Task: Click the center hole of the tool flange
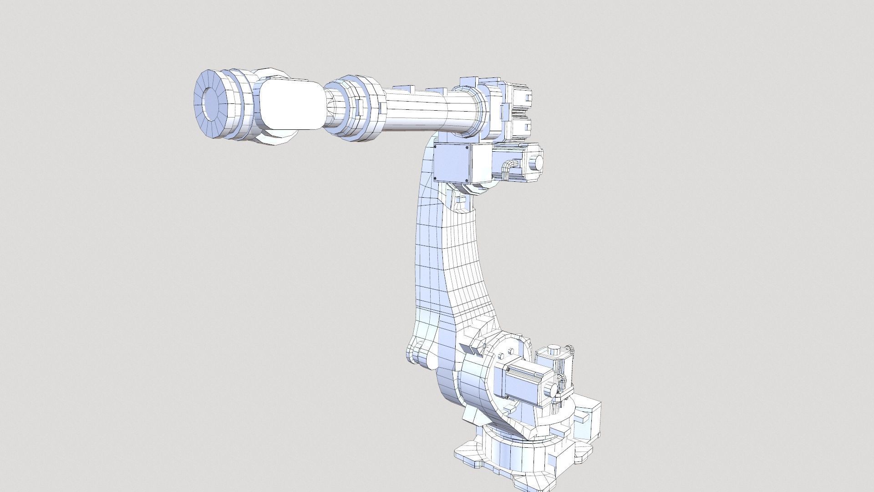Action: click(x=212, y=103)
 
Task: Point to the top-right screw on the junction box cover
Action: click(x=467, y=148)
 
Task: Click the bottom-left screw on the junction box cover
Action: click(x=437, y=179)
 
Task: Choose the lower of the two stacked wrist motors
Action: click(x=519, y=126)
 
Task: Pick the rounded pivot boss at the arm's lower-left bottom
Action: click(x=415, y=353)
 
